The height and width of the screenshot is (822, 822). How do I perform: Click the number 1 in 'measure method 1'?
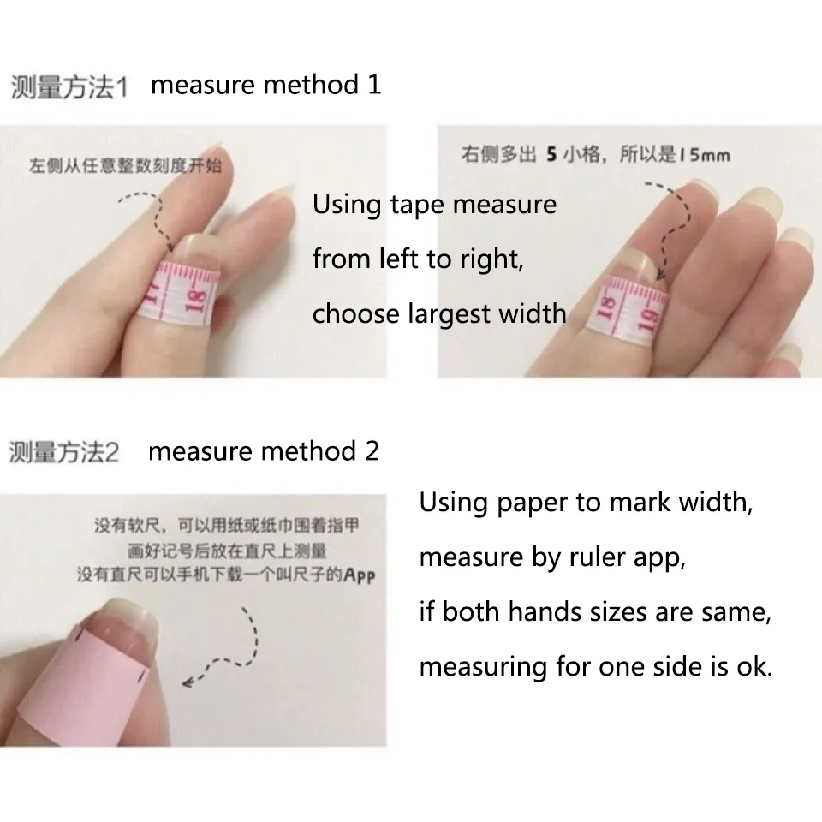[373, 85]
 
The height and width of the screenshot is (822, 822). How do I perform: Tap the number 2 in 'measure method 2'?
[372, 451]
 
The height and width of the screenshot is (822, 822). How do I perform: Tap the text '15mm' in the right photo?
[704, 155]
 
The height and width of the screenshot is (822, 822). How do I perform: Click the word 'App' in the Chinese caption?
[359, 575]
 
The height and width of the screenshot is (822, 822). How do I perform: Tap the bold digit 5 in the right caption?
[552, 155]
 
